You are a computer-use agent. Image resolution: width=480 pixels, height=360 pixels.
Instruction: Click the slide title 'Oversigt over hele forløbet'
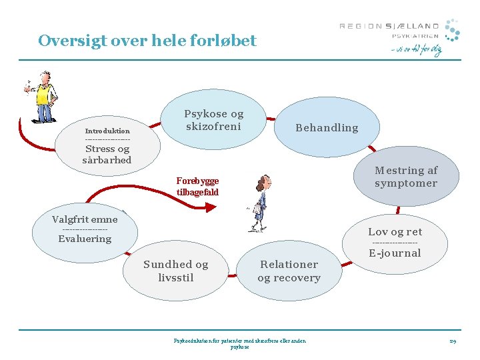pyautogui.click(x=147, y=41)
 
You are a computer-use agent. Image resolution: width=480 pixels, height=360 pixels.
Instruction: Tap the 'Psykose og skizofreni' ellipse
pyautogui.click(x=214, y=121)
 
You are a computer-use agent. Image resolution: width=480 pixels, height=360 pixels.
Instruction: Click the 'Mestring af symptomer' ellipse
pyautogui.click(x=405, y=177)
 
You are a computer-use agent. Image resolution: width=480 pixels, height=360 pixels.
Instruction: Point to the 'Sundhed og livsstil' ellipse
pyautogui.click(x=175, y=271)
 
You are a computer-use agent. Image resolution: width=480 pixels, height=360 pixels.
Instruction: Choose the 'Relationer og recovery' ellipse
pyautogui.click(x=289, y=271)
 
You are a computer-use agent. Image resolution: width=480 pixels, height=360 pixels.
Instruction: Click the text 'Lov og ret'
pyautogui.click(x=395, y=232)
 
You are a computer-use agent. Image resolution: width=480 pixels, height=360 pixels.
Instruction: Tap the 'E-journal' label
pyautogui.click(x=395, y=253)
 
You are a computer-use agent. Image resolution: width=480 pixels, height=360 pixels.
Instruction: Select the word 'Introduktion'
pyautogui.click(x=107, y=131)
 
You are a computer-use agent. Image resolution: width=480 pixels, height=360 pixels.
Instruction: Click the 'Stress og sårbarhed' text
pyautogui.click(x=107, y=155)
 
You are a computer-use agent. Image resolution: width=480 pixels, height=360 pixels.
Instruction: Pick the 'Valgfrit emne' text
pyautogui.click(x=85, y=219)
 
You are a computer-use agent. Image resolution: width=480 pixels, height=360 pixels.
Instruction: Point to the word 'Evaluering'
pyautogui.click(x=85, y=239)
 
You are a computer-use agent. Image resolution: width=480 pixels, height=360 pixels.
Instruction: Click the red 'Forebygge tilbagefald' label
pyautogui.click(x=197, y=187)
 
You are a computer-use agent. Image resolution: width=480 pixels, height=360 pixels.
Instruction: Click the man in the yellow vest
pyautogui.click(x=42, y=97)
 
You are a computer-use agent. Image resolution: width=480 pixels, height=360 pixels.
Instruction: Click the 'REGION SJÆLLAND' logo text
pyautogui.click(x=389, y=26)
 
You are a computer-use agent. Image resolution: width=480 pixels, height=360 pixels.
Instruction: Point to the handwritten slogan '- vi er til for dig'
pyautogui.click(x=416, y=50)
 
